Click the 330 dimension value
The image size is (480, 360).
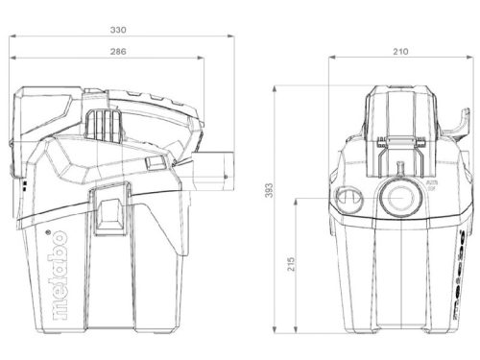(x=118, y=30)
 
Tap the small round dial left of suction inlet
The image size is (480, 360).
(x=346, y=199)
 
